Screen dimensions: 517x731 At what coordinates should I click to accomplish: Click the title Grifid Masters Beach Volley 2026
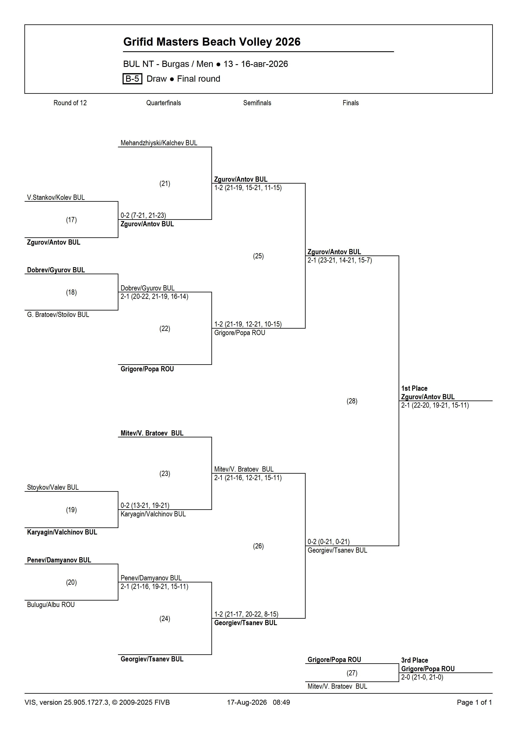tap(212, 42)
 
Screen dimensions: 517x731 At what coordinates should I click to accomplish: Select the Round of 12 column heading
tap(70, 103)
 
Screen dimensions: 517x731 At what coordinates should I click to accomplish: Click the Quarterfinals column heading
tap(163, 103)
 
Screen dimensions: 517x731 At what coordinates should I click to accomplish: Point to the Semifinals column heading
tap(257, 103)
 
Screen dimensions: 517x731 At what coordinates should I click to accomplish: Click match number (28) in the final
tap(352, 401)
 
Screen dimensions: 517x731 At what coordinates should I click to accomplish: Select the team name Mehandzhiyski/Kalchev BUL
tap(159, 143)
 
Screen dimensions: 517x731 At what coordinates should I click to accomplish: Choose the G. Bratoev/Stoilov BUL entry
tap(58, 315)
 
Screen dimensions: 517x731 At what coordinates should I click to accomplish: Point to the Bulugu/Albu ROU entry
tap(51, 605)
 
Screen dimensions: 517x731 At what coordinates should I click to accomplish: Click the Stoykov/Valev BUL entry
tap(53, 487)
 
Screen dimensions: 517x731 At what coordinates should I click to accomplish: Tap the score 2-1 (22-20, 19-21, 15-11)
tap(435, 405)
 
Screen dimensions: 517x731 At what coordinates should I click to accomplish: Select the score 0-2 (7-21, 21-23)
tap(143, 215)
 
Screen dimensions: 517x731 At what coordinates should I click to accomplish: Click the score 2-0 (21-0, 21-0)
tap(422, 677)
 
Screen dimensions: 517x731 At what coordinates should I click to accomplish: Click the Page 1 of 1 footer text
tap(474, 702)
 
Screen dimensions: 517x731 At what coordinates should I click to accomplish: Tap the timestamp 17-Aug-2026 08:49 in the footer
tap(258, 702)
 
